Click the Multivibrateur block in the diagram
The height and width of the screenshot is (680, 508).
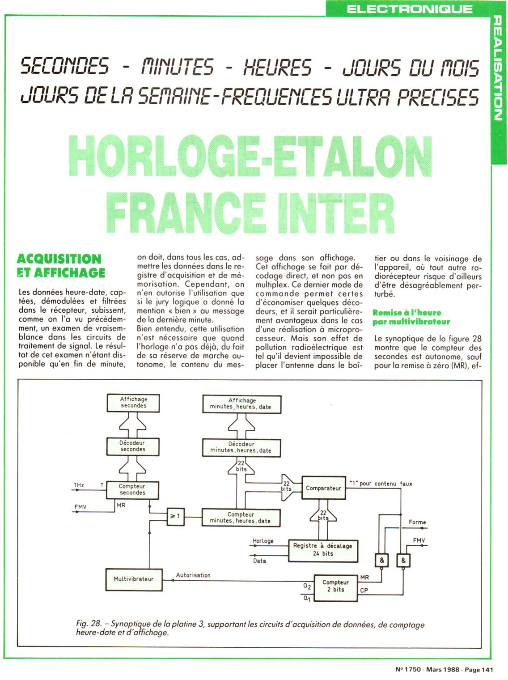pos(133,579)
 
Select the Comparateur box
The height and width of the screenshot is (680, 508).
pos(323,488)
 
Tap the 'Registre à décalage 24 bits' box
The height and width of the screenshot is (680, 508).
pos(323,550)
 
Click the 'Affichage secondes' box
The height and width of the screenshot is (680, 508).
pos(133,402)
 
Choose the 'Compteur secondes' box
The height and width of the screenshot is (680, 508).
pos(132,489)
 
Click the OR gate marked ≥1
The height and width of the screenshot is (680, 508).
pos(175,516)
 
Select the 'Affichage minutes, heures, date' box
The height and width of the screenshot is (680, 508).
pos(242,404)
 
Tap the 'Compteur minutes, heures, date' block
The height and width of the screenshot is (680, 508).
pos(241,518)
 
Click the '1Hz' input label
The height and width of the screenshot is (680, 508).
pos(79,485)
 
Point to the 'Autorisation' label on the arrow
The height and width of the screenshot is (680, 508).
pos(193,575)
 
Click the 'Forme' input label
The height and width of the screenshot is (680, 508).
pos(417,522)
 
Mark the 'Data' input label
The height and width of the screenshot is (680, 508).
pos(259,561)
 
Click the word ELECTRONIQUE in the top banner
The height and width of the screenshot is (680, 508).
pos(409,8)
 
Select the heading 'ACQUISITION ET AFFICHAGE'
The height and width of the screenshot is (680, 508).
pos(60,266)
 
